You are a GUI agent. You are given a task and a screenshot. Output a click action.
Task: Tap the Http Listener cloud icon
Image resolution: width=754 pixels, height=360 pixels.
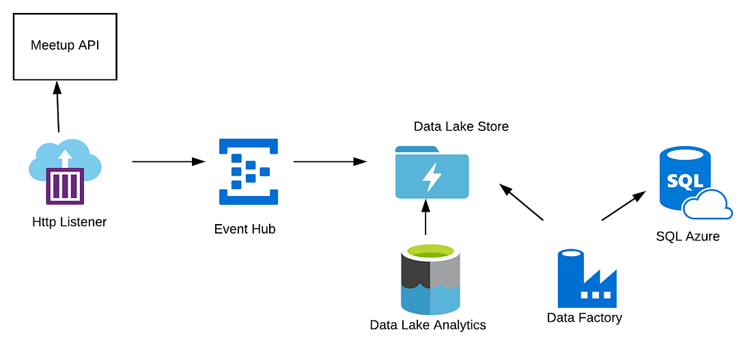(65, 171)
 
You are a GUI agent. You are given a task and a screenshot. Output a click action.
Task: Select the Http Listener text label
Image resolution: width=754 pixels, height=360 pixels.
(69, 222)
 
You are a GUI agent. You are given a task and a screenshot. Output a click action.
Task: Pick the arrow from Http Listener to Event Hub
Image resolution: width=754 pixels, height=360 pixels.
(168, 162)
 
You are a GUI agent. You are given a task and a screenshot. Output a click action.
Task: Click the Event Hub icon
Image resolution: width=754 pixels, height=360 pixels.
(249, 171)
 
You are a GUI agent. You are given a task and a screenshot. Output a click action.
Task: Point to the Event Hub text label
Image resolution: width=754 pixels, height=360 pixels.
(245, 230)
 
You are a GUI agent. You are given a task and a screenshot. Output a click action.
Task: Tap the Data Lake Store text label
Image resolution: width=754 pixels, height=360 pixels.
(461, 126)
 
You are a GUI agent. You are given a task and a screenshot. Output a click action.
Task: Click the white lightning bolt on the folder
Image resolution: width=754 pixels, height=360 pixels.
(432, 176)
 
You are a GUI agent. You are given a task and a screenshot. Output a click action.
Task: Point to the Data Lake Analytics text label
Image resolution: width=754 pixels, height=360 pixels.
(428, 325)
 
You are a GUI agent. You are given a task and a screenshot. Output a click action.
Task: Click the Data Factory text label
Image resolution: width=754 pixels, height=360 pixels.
(585, 318)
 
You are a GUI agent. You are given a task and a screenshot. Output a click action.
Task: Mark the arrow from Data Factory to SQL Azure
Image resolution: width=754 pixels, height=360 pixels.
(624, 206)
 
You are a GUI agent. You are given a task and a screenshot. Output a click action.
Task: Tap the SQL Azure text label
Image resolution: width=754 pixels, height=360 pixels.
(688, 236)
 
